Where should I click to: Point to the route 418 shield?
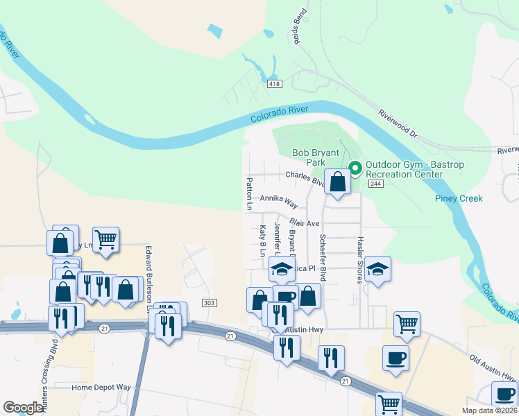pos(274,84)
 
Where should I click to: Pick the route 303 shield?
pos(210,303)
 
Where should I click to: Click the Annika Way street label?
pos(279,201)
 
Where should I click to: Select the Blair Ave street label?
pos(304,223)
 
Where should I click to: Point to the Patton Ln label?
pos(248,193)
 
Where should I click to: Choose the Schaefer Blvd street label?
pos(323,257)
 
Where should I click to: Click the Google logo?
pos(24,407)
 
